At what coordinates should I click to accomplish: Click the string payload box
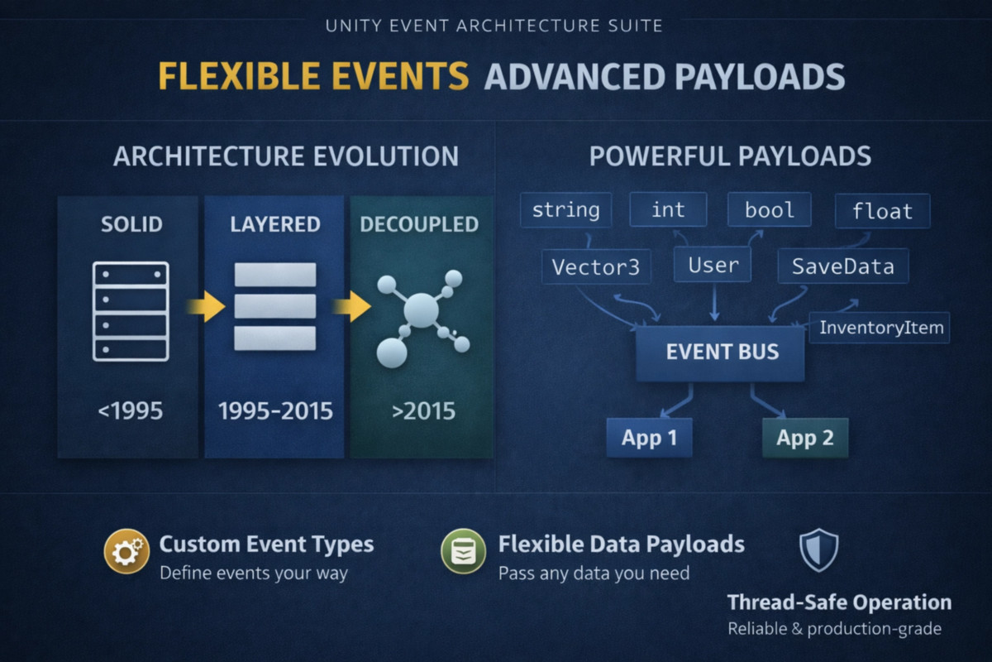[566, 209]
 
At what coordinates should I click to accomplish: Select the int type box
[668, 209]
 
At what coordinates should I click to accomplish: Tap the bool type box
[770, 209]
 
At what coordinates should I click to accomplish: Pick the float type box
[882, 211]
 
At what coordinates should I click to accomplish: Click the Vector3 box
[596, 266]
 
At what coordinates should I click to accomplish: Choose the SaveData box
[842, 266]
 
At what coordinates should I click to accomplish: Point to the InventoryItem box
[880, 328]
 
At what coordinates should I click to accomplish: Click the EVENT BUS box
[720, 353]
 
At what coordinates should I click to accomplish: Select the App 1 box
[649, 438]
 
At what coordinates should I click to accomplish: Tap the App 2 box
[805, 438]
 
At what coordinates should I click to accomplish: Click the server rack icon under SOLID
[131, 311]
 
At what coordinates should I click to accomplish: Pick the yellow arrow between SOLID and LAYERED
[206, 306]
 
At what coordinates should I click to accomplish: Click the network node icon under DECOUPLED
[422, 318]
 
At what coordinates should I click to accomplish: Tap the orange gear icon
[126, 551]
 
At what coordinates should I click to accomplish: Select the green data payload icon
[463, 551]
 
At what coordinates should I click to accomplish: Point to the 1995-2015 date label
[275, 411]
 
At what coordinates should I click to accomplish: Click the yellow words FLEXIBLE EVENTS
[313, 76]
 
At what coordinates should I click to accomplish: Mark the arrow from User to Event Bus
[714, 301]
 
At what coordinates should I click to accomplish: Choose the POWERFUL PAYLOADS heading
[730, 156]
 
